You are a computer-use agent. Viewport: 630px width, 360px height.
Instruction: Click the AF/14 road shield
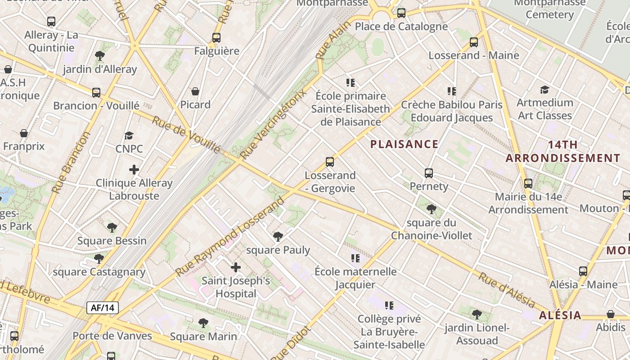(x=103, y=308)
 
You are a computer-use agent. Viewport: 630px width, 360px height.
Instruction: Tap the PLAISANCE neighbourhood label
(x=404, y=144)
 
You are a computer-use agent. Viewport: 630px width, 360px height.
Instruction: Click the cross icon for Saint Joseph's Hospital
(x=235, y=268)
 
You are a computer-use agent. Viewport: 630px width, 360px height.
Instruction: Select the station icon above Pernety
(x=429, y=173)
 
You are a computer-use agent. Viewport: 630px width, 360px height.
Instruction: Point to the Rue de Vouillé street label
(x=186, y=135)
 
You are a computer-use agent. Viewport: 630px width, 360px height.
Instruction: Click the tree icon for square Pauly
(x=278, y=236)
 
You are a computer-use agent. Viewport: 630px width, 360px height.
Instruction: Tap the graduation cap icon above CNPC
(x=129, y=136)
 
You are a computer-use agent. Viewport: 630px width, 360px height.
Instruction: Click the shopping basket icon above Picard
(x=195, y=92)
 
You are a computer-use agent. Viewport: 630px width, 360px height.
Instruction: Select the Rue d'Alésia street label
(x=506, y=290)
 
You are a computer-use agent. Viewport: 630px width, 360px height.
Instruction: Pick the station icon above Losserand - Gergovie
(x=330, y=162)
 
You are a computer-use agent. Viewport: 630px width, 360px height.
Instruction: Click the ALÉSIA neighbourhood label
(x=560, y=315)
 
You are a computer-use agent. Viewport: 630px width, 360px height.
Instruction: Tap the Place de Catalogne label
(x=401, y=27)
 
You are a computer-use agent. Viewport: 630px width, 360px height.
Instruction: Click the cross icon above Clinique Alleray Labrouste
(x=134, y=170)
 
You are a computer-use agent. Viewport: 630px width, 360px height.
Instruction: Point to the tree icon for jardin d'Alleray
(x=100, y=56)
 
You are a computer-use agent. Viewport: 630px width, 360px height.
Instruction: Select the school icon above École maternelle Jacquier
(x=355, y=258)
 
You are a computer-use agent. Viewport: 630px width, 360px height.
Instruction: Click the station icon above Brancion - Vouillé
(x=96, y=93)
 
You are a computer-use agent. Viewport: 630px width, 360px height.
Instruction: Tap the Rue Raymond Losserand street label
(x=230, y=236)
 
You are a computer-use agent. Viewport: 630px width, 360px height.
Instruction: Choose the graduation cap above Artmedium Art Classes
(x=544, y=90)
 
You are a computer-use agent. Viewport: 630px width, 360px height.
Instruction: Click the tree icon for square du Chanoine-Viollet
(x=431, y=209)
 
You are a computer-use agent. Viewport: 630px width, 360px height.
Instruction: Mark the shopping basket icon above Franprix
(x=24, y=134)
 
